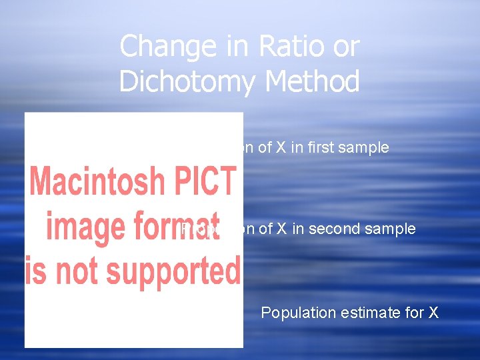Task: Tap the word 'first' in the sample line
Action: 317,148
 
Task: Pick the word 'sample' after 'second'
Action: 390,230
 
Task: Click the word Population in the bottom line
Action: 295,313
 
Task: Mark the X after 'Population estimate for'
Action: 432,313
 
